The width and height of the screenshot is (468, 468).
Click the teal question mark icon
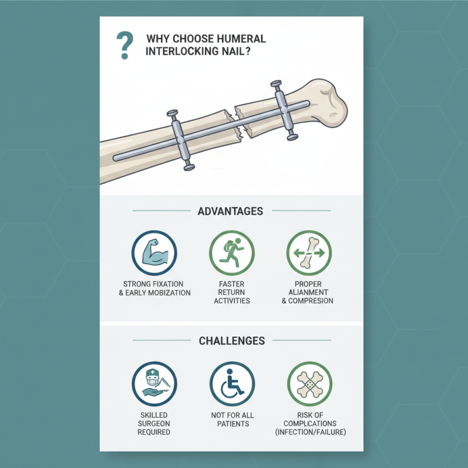tap(124, 45)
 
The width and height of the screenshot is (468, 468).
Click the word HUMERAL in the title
tap(240, 39)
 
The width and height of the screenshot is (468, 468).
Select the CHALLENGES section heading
tap(232, 340)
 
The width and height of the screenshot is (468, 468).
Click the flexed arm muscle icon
tap(154, 253)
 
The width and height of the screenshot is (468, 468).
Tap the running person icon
tap(232, 253)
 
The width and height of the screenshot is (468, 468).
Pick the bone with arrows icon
tap(309, 253)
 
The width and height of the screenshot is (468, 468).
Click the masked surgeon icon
tap(154, 384)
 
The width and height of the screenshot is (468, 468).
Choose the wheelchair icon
tap(232, 384)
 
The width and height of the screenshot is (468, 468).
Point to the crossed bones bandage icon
tap(309, 384)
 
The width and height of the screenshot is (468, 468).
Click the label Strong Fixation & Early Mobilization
tap(154, 288)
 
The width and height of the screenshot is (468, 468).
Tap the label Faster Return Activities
tap(232, 292)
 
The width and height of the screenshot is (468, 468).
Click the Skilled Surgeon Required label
tap(154, 423)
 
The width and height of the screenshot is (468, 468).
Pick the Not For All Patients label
tap(232, 419)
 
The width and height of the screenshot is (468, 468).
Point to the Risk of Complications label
tap(309, 423)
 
